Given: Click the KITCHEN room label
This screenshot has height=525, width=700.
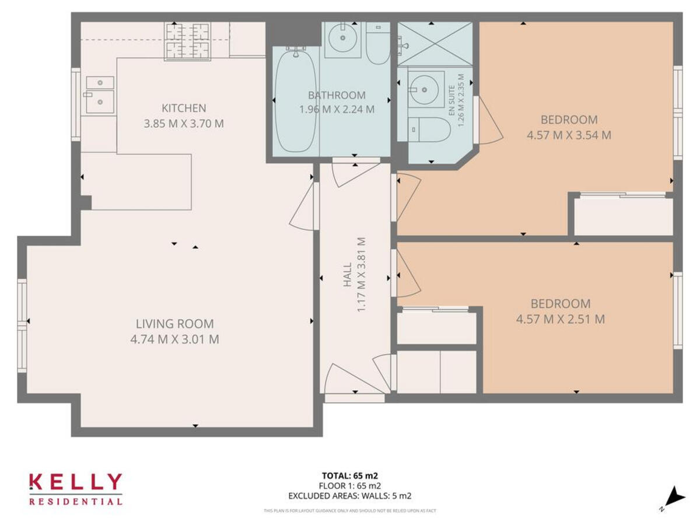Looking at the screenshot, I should [184, 108].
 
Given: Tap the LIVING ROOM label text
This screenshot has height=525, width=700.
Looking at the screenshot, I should [174, 324].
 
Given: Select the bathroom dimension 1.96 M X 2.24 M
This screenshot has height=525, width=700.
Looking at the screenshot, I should [337, 109].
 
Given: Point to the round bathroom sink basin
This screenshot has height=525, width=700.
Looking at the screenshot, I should [342, 40].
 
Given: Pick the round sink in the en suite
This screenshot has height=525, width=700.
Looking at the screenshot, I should [425, 89].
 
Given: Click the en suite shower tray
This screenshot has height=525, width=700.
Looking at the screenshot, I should [435, 44].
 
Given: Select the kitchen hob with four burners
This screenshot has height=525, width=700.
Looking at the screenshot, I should [187, 41].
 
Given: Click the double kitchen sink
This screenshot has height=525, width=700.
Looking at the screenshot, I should [100, 94].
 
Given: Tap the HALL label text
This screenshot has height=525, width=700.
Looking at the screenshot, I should [348, 274].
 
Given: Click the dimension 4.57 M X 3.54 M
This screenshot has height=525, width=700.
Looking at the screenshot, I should [569, 135].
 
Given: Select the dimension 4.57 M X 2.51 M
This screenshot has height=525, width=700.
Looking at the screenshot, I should [560, 319].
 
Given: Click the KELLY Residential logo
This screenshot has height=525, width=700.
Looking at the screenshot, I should [76, 488].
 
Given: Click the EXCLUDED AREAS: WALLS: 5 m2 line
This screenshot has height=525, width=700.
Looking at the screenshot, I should [350, 496].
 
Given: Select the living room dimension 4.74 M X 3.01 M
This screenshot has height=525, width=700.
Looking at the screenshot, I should [174, 339].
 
